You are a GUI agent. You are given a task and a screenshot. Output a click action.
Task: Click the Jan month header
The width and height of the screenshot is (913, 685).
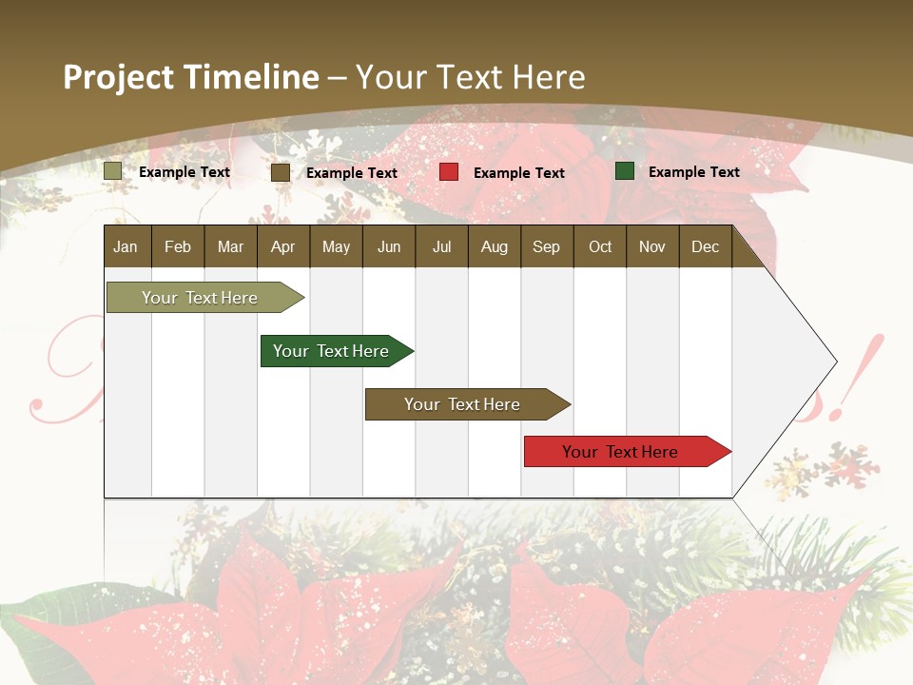[x=126, y=246]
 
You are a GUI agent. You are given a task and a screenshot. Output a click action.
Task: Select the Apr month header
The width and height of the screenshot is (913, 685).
[x=282, y=246]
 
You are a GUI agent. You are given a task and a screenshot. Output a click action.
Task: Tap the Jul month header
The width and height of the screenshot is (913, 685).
[x=441, y=246]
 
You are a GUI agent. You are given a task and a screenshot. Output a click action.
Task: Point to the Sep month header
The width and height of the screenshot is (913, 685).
[x=546, y=246]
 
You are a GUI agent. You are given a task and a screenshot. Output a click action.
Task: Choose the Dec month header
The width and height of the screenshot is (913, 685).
[x=705, y=246]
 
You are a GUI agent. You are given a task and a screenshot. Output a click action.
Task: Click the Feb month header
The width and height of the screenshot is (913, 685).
[x=178, y=246]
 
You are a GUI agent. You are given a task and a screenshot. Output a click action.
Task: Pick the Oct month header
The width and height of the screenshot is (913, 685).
[x=600, y=246]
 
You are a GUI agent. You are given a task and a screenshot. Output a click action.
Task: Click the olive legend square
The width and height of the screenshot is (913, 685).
[x=113, y=171]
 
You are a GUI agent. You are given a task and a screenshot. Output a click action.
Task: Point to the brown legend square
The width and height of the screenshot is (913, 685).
[x=281, y=172]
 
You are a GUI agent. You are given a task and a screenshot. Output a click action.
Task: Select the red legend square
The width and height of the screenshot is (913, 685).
[x=449, y=172]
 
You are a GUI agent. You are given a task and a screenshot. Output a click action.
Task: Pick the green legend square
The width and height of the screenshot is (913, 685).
[x=625, y=171]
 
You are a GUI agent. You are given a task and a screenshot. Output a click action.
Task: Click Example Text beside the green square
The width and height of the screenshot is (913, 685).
[x=693, y=172]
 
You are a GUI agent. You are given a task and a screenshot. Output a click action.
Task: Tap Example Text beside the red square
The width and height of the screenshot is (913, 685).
[x=518, y=173]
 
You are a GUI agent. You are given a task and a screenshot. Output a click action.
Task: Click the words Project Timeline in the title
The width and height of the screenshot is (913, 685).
[x=191, y=77]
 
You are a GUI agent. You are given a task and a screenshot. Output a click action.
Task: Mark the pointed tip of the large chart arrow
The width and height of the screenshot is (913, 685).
[x=835, y=362]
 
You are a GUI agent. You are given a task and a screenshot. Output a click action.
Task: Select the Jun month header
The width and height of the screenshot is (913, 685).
[x=389, y=246]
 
